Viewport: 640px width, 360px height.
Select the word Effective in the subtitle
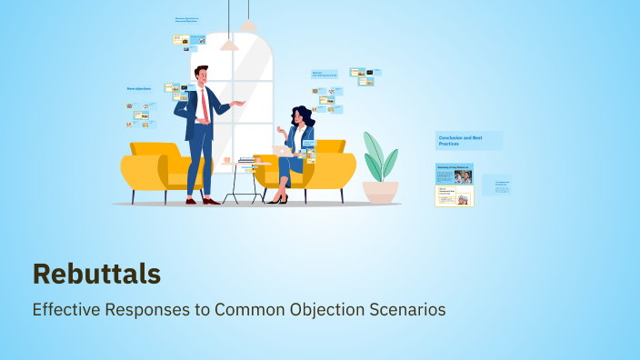click(x=65, y=309)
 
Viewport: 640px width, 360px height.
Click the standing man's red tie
click(x=205, y=106)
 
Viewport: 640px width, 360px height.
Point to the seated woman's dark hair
click(x=304, y=117)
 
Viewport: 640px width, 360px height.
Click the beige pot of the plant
click(x=380, y=191)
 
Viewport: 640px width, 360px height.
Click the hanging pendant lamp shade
click(x=229, y=44)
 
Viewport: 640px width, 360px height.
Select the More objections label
click(x=138, y=89)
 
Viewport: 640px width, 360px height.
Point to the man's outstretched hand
click(x=240, y=103)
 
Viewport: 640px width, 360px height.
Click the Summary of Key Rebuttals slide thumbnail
click(x=455, y=175)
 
